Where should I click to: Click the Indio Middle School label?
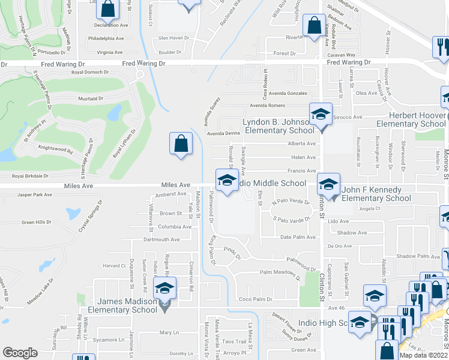click(271, 183)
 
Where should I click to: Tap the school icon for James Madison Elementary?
click(164, 289)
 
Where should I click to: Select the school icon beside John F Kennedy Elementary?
click(328, 184)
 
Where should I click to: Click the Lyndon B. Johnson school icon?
click(321, 114)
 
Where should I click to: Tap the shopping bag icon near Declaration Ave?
click(107, 9)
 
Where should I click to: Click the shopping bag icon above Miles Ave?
click(181, 143)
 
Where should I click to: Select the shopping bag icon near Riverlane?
click(314, 26)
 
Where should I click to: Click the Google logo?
click(20, 352)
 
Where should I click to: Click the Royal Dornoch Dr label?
click(90, 72)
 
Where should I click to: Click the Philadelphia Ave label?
click(105, 37)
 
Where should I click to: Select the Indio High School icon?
click(360, 322)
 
